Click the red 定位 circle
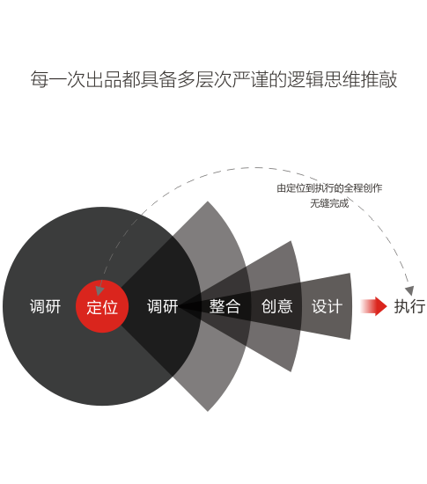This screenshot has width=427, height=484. click(102, 306)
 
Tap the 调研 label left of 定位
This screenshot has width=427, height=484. click(46, 306)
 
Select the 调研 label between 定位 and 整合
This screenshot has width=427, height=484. click(162, 306)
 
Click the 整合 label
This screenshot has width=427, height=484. click(225, 306)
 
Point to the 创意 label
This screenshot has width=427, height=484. click(276, 306)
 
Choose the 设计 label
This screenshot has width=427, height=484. click(327, 306)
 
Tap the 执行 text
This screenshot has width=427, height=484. click(409, 306)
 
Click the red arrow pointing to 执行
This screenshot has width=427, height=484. click(373, 306)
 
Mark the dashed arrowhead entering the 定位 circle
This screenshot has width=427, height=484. click(99, 290)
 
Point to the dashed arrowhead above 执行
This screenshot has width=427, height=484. click(409, 290)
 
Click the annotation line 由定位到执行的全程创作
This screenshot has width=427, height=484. click(329, 188)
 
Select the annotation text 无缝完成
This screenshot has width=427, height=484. click(329, 203)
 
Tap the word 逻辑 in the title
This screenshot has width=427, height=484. click(306, 79)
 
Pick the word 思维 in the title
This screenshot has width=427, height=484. click(342, 79)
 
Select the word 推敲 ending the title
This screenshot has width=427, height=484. click(379, 79)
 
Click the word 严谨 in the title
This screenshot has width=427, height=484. click(250, 79)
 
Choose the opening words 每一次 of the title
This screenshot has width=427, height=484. click(58, 79)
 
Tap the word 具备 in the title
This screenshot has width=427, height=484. click(158, 79)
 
